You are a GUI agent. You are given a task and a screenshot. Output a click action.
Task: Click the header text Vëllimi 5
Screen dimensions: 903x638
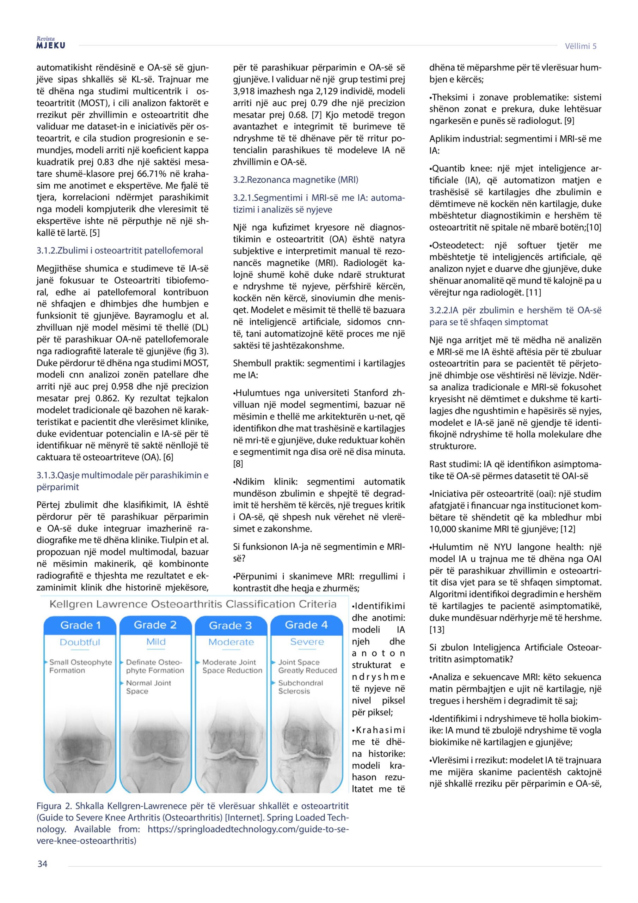coord(580,46)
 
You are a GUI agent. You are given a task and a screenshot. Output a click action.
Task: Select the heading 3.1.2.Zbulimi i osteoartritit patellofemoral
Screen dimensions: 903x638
coord(119,250)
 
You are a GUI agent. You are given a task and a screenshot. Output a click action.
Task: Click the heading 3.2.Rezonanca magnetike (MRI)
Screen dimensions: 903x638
coord(296,180)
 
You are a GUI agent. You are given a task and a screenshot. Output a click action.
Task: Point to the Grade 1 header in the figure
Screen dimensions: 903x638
coord(80,625)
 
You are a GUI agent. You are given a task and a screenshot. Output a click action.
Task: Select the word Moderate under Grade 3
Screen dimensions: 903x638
coord(231,642)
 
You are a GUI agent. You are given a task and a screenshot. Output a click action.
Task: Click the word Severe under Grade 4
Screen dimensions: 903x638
coord(307,642)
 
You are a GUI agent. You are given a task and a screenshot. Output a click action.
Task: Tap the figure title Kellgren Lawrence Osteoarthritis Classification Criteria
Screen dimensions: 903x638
coord(193,604)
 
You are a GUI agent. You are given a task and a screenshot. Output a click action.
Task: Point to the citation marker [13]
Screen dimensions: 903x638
coord(436,630)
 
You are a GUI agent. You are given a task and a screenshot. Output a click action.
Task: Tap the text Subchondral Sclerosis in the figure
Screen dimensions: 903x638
coord(300,687)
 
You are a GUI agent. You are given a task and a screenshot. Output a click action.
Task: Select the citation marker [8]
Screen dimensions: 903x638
coord(238,464)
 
